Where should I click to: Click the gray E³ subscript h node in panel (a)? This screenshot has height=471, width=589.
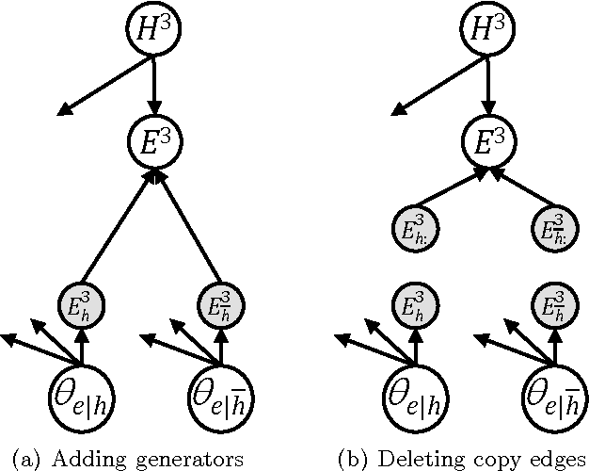(79, 306)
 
